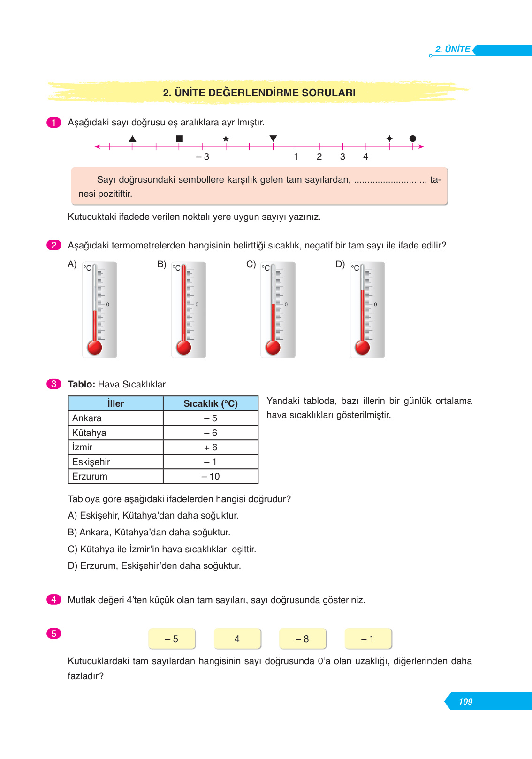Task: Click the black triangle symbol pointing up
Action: click(x=132, y=139)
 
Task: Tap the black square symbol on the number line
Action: click(x=179, y=139)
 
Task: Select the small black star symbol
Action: click(x=226, y=139)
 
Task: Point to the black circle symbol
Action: click(x=412, y=139)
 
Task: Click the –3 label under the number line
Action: click(x=203, y=157)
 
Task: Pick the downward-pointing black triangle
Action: click(x=273, y=138)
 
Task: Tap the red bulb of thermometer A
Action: click(x=95, y=348)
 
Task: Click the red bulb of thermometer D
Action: click(x=362, y=348)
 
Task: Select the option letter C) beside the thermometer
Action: click(x=251, y=264)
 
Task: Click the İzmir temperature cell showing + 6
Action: click(x=211, y=447)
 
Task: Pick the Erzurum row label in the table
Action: click(x=90, y=476)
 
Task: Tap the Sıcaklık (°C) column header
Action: click(x=211, y=403)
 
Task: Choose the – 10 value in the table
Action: click(x=211, y=476)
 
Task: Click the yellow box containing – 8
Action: click(x=303, y=639)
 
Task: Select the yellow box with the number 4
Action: click(x=237, y=639)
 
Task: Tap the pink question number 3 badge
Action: click(x=53, y=384)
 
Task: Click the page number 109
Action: click(x=465, y=701)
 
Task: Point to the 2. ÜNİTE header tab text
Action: click(x=452, y=49)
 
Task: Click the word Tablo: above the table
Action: click(x=82, y=384)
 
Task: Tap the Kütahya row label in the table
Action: click(x=89, y=433)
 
